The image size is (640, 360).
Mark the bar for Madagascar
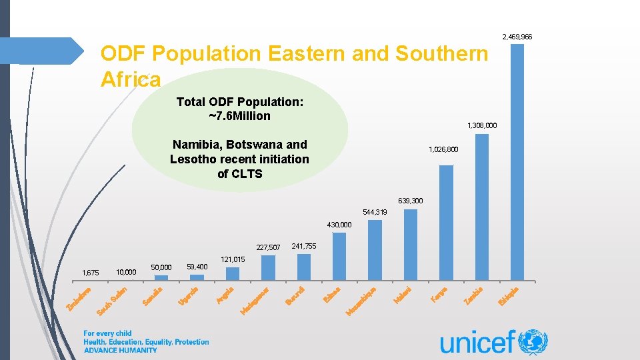pos(268,268)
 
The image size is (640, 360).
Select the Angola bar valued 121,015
pos(232,274)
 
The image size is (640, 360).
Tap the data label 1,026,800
pos(443,150)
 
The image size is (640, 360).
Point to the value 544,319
pos(375,212)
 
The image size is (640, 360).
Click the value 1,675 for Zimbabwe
pos(90,273)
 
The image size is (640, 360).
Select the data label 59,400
pos(197,267)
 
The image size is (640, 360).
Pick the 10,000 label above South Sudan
pos(126,272)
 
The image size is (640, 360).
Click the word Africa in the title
pos(131,80)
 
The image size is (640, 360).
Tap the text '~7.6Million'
pos(240,116)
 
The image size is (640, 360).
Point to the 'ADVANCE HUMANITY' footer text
pos(120,350)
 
